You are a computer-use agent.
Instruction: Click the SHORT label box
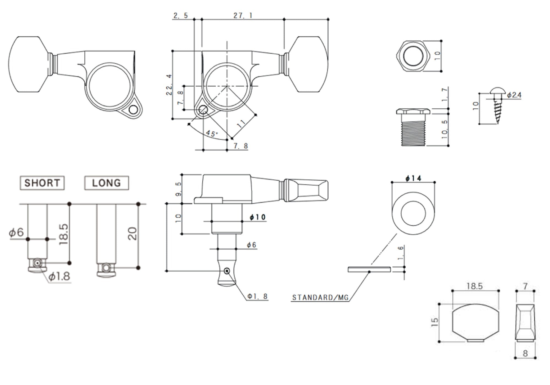(x=42, y=183)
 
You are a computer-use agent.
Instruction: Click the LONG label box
(x=106, y=183)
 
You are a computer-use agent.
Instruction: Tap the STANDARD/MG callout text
(x=320, y=298)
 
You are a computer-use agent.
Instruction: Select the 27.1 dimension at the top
(x=243, y=15)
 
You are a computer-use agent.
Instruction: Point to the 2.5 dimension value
(x=181, y=15)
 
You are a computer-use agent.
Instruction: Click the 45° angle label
(x=211, y=134)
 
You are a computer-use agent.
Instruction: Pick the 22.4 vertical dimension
(x=169, y=85)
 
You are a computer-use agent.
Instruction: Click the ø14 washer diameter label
(x=413, y=178)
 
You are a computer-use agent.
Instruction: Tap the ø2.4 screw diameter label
(x=514, y=95)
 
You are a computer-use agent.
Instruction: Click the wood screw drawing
(x=497, y=106)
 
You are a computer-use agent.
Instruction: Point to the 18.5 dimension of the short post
(x=63, y=234)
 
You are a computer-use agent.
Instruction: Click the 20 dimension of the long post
(x=133, y=234)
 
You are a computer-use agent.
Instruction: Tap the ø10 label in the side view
(x=258, y=217)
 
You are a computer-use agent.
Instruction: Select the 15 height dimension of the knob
(x=435, y=322)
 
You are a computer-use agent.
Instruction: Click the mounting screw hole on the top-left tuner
(x=133, y=110)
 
